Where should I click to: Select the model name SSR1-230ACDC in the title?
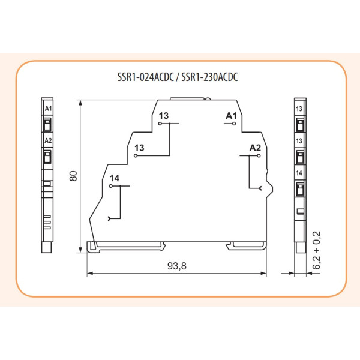(211, 77)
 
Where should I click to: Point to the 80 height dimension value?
(73, 176)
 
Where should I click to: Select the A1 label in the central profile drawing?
(232, 115)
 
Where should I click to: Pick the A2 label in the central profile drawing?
(254, 147)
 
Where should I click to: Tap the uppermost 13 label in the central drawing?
(164, 115)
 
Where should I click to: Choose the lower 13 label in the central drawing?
(140, 147)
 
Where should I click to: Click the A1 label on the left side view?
(49, 109)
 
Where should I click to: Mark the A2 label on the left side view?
(49, 140)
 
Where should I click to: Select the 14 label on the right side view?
(299, 173)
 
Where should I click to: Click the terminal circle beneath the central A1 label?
(233, 124)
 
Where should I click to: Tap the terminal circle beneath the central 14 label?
(112, 187)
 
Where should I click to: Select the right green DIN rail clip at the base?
(247, 245)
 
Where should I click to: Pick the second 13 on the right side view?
(299, 140)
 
